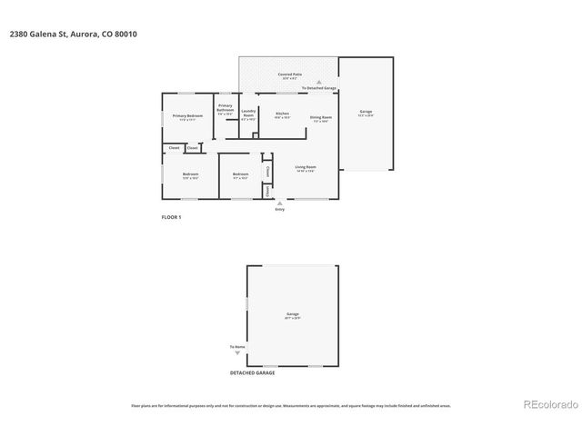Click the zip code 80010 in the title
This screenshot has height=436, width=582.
(127, 34)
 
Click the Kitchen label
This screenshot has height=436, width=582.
(282, 114)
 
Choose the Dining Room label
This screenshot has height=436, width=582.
(320, 117)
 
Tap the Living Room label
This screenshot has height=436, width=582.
(305, 167)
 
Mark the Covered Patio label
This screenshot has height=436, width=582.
(290, 74)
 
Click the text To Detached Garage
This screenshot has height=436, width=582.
(319, 88)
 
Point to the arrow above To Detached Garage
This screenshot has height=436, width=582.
(319, 82)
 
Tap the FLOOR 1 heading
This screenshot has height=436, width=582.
(171, 217)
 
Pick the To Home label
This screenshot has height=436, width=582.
(237, 347)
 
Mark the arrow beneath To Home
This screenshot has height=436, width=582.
(237, 353)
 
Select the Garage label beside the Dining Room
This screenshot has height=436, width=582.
(365, 112)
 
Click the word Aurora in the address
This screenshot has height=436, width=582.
(83, 34)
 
